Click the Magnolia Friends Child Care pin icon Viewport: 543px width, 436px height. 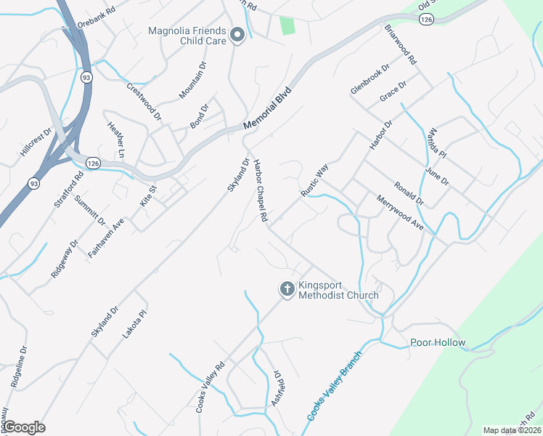[236, 35]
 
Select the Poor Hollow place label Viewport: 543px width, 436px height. [437, 343]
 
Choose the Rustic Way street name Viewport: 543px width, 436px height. [315, 180]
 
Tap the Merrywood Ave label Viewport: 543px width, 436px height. [399, 213]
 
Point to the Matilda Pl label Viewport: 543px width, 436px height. [436, 143]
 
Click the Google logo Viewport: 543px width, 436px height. [24, 427]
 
